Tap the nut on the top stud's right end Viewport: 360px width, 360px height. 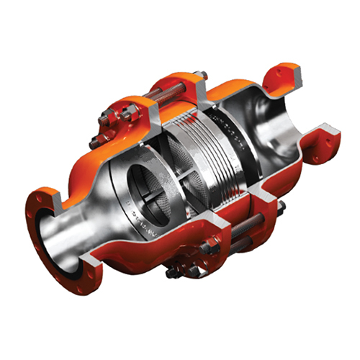202,75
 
